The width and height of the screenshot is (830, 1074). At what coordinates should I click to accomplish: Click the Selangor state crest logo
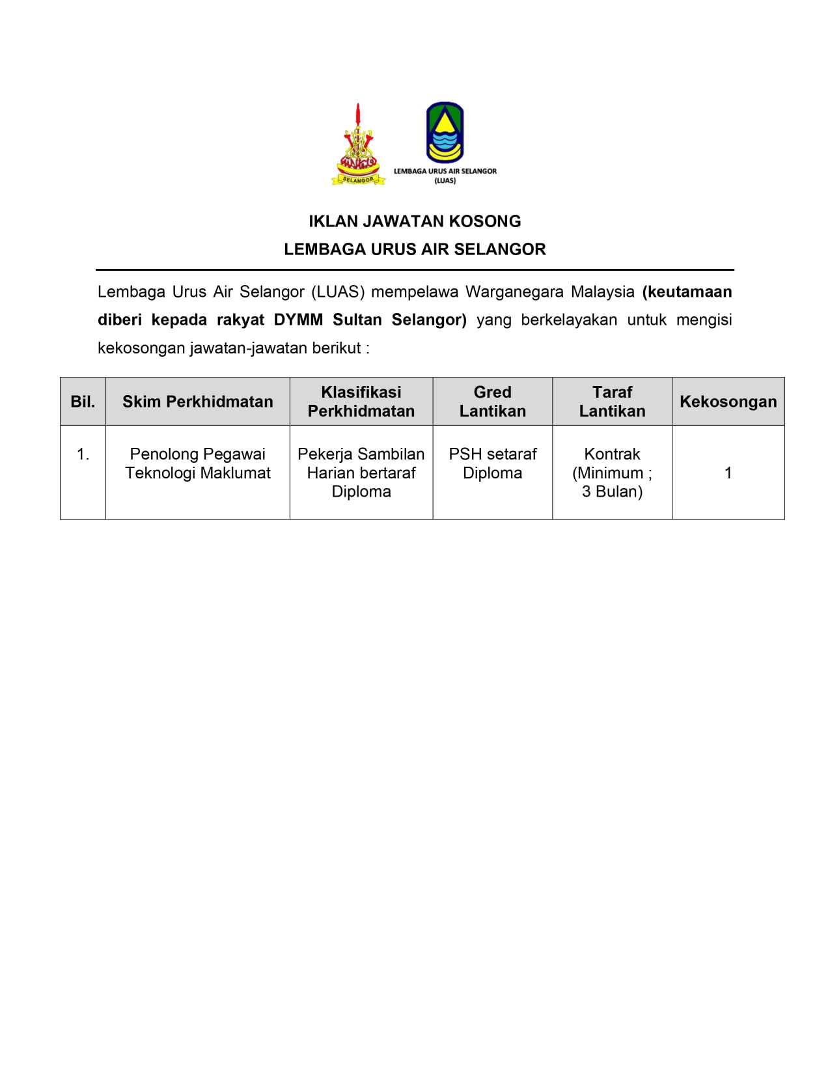click(357, 145)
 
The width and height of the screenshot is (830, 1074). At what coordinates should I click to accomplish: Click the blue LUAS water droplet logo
click(445, 132)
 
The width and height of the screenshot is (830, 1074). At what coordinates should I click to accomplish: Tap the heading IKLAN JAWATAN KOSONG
click(415, 221)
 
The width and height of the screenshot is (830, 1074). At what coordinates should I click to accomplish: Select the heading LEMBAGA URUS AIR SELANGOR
click(415, 249)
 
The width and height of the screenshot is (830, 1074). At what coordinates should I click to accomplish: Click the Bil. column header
click(83, 402)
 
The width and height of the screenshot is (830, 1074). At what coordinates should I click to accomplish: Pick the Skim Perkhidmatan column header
click(198, 402)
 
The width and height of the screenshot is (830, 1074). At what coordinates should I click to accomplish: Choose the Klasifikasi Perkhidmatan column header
click(361, 402)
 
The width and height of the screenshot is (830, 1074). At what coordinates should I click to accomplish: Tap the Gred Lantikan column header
click(493, 402)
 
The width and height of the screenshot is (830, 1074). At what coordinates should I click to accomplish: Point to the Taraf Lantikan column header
click(612, 402)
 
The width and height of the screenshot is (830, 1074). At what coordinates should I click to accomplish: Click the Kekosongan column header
click(728, 402)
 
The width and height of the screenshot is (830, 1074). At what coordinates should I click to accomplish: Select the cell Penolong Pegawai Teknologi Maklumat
click(198, 463)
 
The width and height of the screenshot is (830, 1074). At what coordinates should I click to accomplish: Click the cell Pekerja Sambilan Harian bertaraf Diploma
click(361, 473)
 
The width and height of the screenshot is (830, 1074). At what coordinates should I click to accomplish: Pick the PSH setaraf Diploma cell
click(493, 463)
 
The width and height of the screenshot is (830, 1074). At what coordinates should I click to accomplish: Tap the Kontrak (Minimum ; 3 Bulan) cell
click(612, 473)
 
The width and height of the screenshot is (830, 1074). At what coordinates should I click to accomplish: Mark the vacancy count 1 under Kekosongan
click(728, 473)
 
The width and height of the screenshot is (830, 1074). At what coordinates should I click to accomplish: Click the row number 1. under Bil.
click(83, 454)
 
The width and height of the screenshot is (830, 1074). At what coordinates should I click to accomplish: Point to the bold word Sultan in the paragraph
click(357, 320)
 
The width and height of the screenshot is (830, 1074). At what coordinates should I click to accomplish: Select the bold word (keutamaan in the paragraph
click(687, 292)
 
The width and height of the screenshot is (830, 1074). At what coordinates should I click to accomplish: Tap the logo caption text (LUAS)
click(445, 181)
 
